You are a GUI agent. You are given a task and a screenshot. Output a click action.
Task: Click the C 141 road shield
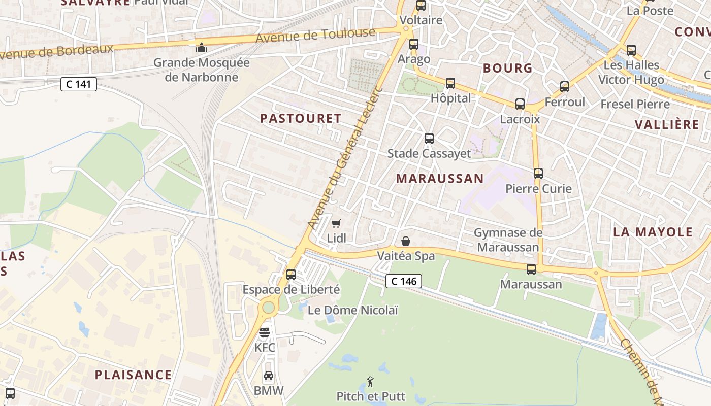(79, 84)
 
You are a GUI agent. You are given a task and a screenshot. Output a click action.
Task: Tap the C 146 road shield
(404, 281)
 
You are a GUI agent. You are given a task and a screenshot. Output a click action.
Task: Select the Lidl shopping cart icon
(336, 223)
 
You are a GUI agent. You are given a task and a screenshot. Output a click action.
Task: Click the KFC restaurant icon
(265, 333)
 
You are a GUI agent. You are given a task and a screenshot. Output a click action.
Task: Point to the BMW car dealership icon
(269, 376)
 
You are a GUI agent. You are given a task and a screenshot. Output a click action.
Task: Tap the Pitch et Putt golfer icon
(370, 381)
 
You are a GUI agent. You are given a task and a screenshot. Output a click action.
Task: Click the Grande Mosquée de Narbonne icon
(202, 48)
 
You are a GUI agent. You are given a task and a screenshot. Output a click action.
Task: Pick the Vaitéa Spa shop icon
(406, 241)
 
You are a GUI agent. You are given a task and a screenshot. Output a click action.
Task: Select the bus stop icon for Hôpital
(450, 83)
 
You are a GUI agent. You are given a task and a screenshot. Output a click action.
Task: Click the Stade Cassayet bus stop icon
(429, 138)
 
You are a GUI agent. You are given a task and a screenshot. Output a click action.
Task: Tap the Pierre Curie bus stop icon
(538, 174)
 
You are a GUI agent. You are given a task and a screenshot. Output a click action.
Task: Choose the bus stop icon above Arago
(414, 44)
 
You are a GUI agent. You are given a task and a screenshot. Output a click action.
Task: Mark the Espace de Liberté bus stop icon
(291, 275)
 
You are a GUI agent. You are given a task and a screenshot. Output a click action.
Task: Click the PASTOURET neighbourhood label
(301, 119)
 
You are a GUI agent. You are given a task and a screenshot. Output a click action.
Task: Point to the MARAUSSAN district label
(440, 179)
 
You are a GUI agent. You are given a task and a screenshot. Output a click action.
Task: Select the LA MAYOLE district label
(653, 232)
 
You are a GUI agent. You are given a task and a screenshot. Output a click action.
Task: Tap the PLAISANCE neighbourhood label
(133, 375)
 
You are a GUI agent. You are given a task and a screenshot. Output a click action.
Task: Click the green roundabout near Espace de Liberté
(268, 307)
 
